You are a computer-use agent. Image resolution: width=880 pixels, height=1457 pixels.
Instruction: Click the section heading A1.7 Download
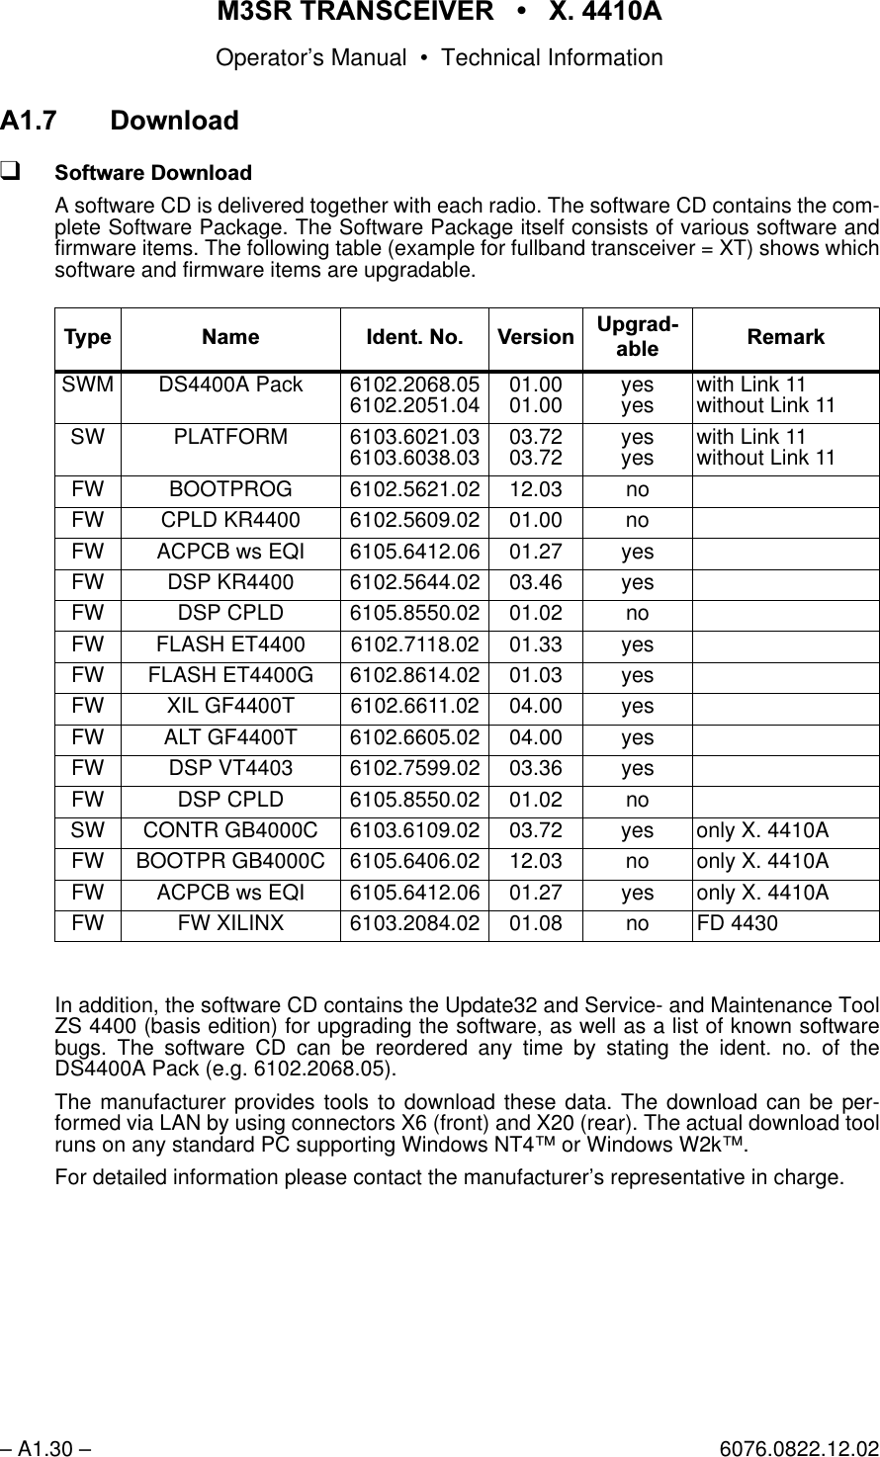point(119,121)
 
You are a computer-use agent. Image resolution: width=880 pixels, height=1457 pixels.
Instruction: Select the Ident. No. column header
point(414,337)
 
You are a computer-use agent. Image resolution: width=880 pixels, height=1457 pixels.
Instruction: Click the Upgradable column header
point(637,337)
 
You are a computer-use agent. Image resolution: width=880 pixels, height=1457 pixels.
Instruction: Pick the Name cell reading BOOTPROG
point(230,489)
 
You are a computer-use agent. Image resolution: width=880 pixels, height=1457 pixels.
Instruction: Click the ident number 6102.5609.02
point(414,520)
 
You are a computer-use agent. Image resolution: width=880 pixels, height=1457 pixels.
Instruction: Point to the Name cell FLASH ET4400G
point(230,675)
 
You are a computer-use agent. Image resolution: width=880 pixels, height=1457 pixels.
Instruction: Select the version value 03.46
point(535,582)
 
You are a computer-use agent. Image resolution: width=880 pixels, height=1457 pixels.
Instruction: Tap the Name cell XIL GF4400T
point(230,706)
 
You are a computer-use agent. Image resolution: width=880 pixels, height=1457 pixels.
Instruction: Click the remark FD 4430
point(737,923)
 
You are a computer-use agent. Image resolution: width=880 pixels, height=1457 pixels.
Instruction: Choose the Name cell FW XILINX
point(230,923)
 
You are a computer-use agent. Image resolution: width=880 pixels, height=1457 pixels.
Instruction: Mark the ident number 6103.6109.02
point(414,830)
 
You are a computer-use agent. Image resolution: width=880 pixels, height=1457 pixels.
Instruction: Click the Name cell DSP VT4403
point(230,768)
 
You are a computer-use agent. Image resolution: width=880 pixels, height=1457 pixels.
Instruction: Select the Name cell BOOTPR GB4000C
point(230,861)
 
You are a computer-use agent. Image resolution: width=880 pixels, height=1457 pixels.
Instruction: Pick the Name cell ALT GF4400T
point(230,737)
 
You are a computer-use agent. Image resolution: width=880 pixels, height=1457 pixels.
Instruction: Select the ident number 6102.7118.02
point(414,644)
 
